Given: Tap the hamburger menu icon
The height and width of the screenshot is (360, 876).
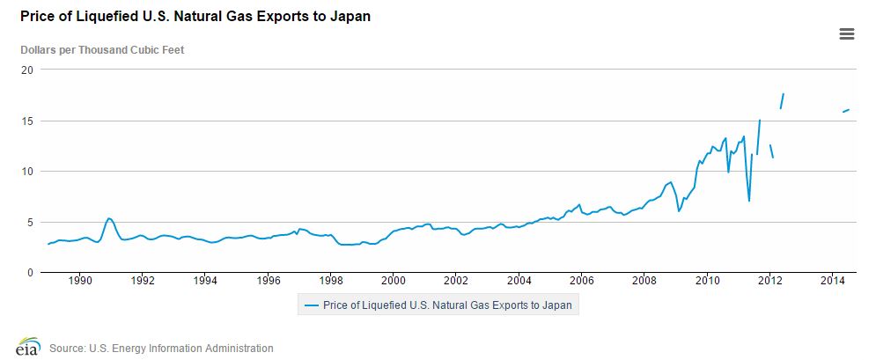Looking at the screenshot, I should click(x=847, y=34).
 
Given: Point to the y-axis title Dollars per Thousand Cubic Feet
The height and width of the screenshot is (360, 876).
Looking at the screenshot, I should click(x=102, y=49).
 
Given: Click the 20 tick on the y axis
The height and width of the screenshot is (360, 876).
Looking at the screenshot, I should click(x=26, y=70).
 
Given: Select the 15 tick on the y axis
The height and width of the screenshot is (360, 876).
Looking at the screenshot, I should click(x=26, y=121).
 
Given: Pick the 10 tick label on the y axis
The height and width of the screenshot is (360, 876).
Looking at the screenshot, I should click(x=26, y=171).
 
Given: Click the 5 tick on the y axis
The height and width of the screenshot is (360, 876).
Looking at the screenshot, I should click(x=29, y=222).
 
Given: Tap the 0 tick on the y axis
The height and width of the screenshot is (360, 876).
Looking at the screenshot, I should click(x=29, y=272).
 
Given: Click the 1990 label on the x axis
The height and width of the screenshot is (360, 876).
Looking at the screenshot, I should click(x=80, y=281).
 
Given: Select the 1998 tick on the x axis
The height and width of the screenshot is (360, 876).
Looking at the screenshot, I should click(x=331, y=281).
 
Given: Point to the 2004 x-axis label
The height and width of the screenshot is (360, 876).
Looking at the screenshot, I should click(x=519, y=281).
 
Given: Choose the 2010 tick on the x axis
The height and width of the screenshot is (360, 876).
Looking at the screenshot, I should click(x=707, y=281).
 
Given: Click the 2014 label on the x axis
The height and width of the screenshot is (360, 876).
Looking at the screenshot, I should click(x=832, y=281).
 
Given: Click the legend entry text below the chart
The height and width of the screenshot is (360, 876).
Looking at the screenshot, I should click(x=448, y=305).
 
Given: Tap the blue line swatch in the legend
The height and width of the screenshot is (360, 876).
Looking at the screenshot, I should click(x=311, y=305).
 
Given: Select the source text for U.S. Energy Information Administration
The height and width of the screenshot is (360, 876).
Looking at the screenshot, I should click(x=161, y=349).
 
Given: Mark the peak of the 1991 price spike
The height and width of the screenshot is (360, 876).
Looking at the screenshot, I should click(x=108, y=218).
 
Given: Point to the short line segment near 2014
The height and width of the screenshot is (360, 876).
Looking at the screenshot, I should click(x=845, y=110).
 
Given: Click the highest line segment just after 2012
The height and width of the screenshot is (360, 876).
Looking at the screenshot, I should click(x=782, y=100).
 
